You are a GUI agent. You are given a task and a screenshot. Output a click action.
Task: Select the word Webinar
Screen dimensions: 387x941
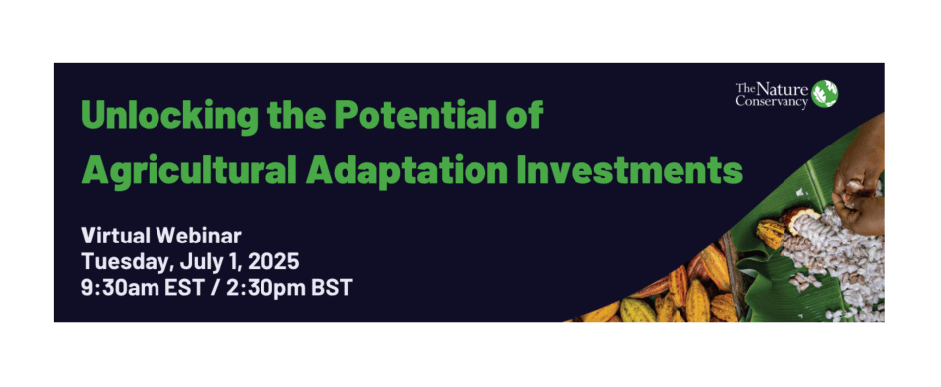[201, 236]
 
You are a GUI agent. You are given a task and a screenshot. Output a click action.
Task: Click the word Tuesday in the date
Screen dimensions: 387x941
[122, 262]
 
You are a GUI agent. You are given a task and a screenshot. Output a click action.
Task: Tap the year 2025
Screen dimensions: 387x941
[271, 262]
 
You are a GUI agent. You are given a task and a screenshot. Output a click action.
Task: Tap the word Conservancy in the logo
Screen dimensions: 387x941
[772, 101]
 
